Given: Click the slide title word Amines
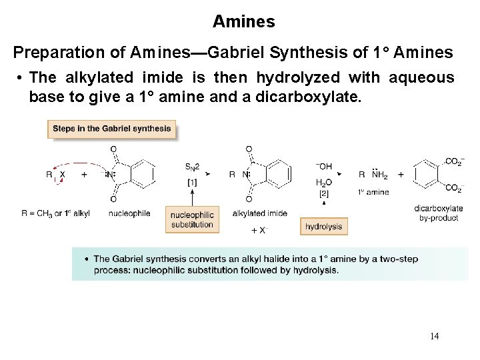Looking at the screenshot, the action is (243, 21).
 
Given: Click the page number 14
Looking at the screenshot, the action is (434, 335).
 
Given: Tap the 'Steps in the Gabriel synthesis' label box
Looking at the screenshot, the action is (111, 129).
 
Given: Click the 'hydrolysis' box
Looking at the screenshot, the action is (323, 227).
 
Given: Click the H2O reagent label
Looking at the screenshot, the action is (323, 182).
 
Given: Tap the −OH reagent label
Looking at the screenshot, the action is (323, 166).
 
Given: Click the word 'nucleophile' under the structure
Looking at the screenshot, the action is (129, 213).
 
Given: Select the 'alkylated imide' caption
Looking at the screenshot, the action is (260, 213).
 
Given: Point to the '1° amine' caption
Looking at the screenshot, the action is (373, 193).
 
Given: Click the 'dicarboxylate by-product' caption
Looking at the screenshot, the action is (439, 213).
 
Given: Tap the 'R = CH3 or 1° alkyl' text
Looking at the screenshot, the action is (55, 213).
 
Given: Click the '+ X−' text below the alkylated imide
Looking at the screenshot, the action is (259, 230).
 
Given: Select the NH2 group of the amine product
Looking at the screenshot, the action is (379, 175).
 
